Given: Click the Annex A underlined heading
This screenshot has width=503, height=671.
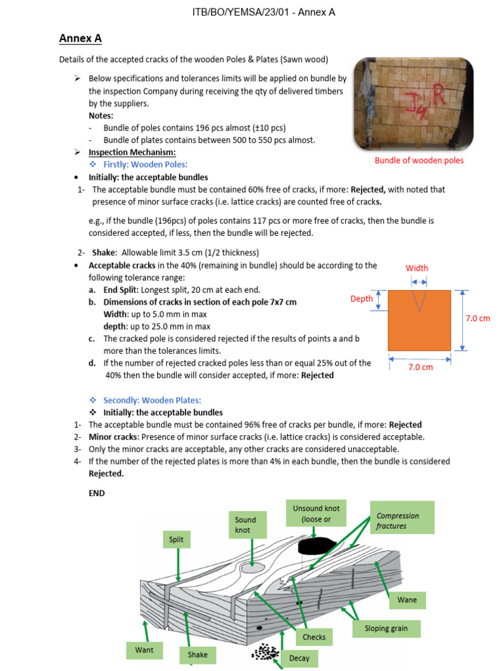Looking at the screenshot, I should tap(80, 39).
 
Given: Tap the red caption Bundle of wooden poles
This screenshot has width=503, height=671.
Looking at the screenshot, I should tap(419, 161).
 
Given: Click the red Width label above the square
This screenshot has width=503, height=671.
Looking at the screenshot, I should tap(417, 267).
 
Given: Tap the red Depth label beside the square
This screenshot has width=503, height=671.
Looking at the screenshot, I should tap(362, 298).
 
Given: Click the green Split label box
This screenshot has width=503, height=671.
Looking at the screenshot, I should tap(176, 540).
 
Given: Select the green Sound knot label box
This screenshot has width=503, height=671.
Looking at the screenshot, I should tap(246, 525).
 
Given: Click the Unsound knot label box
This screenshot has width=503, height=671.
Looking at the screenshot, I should tap(316, 514).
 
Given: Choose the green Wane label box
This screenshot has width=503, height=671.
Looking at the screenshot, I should tap(407, 600).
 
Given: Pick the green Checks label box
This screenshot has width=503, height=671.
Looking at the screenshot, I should tap(314, 637).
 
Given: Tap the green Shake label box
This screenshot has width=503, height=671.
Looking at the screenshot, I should tap(197, 654).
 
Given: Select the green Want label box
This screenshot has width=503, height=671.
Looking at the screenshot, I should tap(144, 650).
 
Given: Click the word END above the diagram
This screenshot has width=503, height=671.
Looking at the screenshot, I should tap(96, 493).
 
